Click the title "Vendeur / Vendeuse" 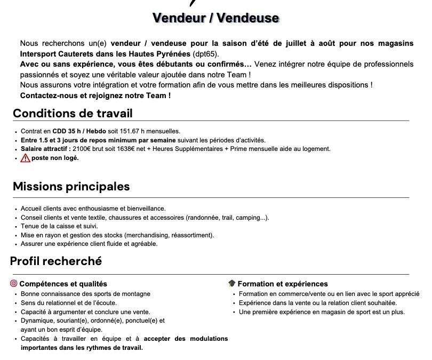tap(215, 18)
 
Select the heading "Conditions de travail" tap(73, 113)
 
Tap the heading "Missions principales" tap(71, 187)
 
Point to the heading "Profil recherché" tap(56, 261)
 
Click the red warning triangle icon tap(25, 158)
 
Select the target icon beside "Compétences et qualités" tap(14, 284)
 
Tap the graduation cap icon tap(231, 284)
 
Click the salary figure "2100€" tap(82, 149)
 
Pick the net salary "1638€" tap(122, 149)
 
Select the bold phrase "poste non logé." tap(55, 158)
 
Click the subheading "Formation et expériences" tap(283, 284)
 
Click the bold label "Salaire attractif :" tap(46, 149)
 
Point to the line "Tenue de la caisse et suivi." tap(59, 226)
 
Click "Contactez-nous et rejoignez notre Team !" tap(95, 95)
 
